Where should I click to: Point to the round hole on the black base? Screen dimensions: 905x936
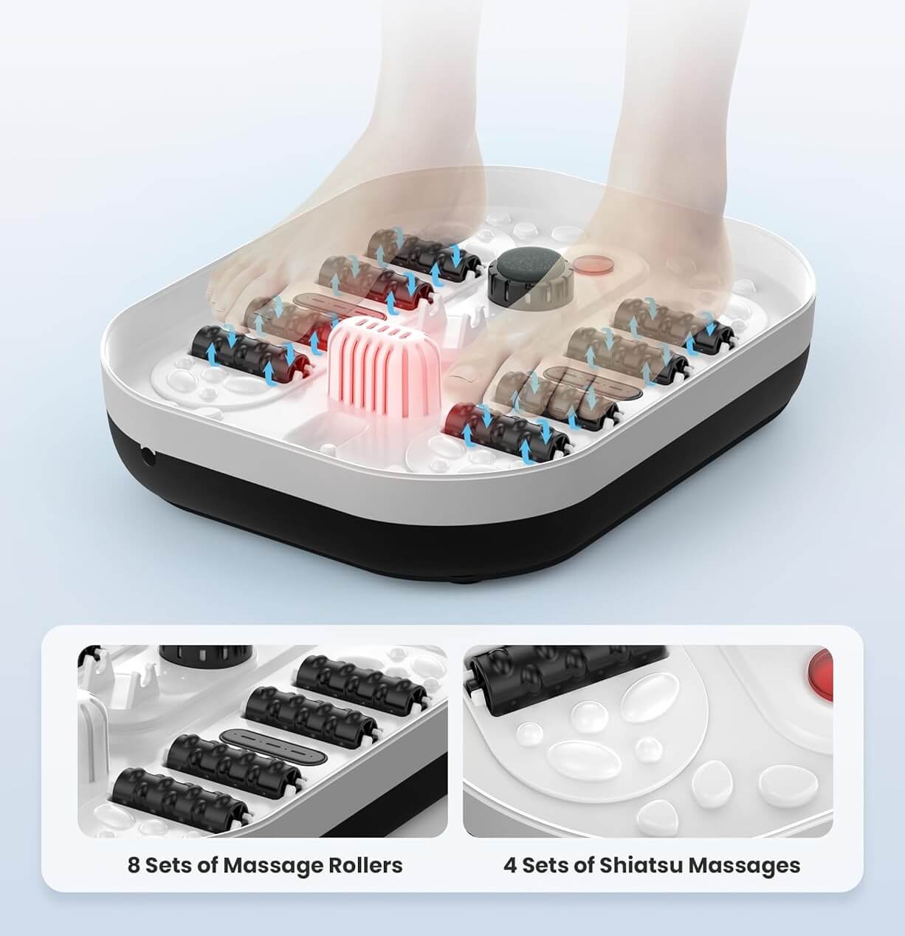(148, 456)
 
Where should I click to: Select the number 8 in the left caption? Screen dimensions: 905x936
(133, 865)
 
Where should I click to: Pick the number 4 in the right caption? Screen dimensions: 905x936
(510, 865)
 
